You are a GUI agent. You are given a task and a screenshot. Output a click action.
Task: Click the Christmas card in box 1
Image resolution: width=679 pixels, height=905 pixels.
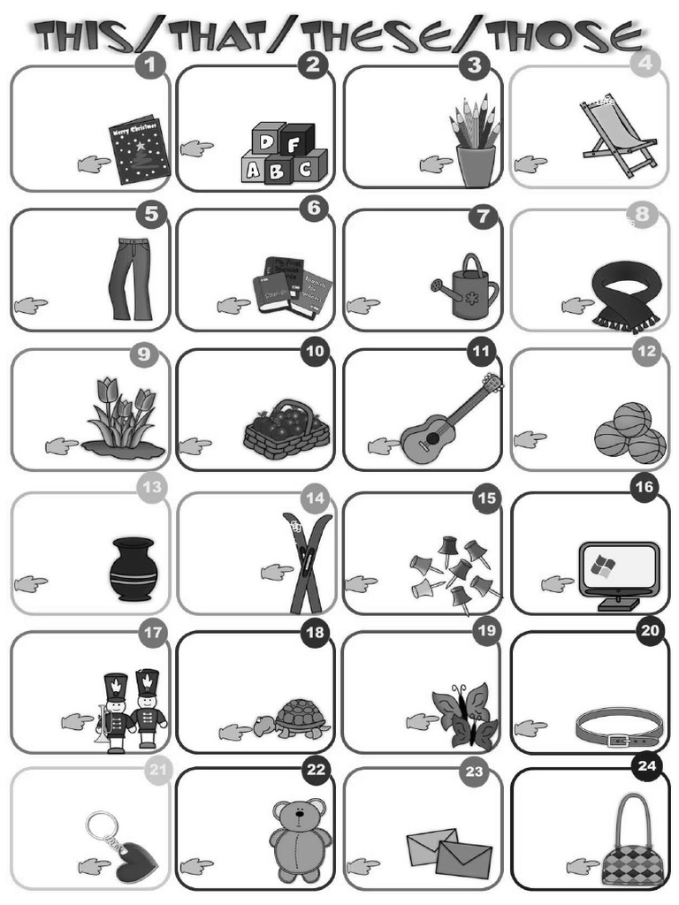click(139, 148)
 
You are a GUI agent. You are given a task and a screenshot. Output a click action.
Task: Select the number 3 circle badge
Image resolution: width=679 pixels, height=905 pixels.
click(475, 64)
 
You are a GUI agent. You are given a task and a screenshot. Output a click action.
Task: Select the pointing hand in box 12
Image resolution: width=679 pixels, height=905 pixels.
click(530, 438)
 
